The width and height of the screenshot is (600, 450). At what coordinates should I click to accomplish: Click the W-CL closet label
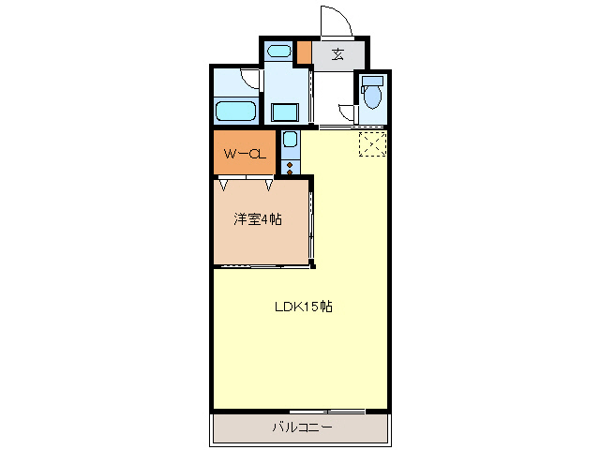244,154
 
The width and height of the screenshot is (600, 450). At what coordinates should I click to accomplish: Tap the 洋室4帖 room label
258,219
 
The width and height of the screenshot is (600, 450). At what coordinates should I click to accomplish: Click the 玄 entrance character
337,53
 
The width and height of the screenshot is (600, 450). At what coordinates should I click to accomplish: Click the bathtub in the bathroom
236,112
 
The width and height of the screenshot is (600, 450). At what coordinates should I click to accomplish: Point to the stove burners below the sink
290,169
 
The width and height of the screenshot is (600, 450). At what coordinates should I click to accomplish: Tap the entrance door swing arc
335,21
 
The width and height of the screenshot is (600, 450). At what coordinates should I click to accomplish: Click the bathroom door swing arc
249,81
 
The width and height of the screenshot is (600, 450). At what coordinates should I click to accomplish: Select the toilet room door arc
348,114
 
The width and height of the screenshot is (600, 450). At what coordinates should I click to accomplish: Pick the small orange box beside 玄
304,52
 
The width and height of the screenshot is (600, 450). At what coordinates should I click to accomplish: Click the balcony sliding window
327,412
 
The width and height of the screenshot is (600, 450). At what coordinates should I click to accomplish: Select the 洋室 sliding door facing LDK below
263,266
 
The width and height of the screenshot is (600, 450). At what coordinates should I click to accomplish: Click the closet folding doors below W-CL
247,182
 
